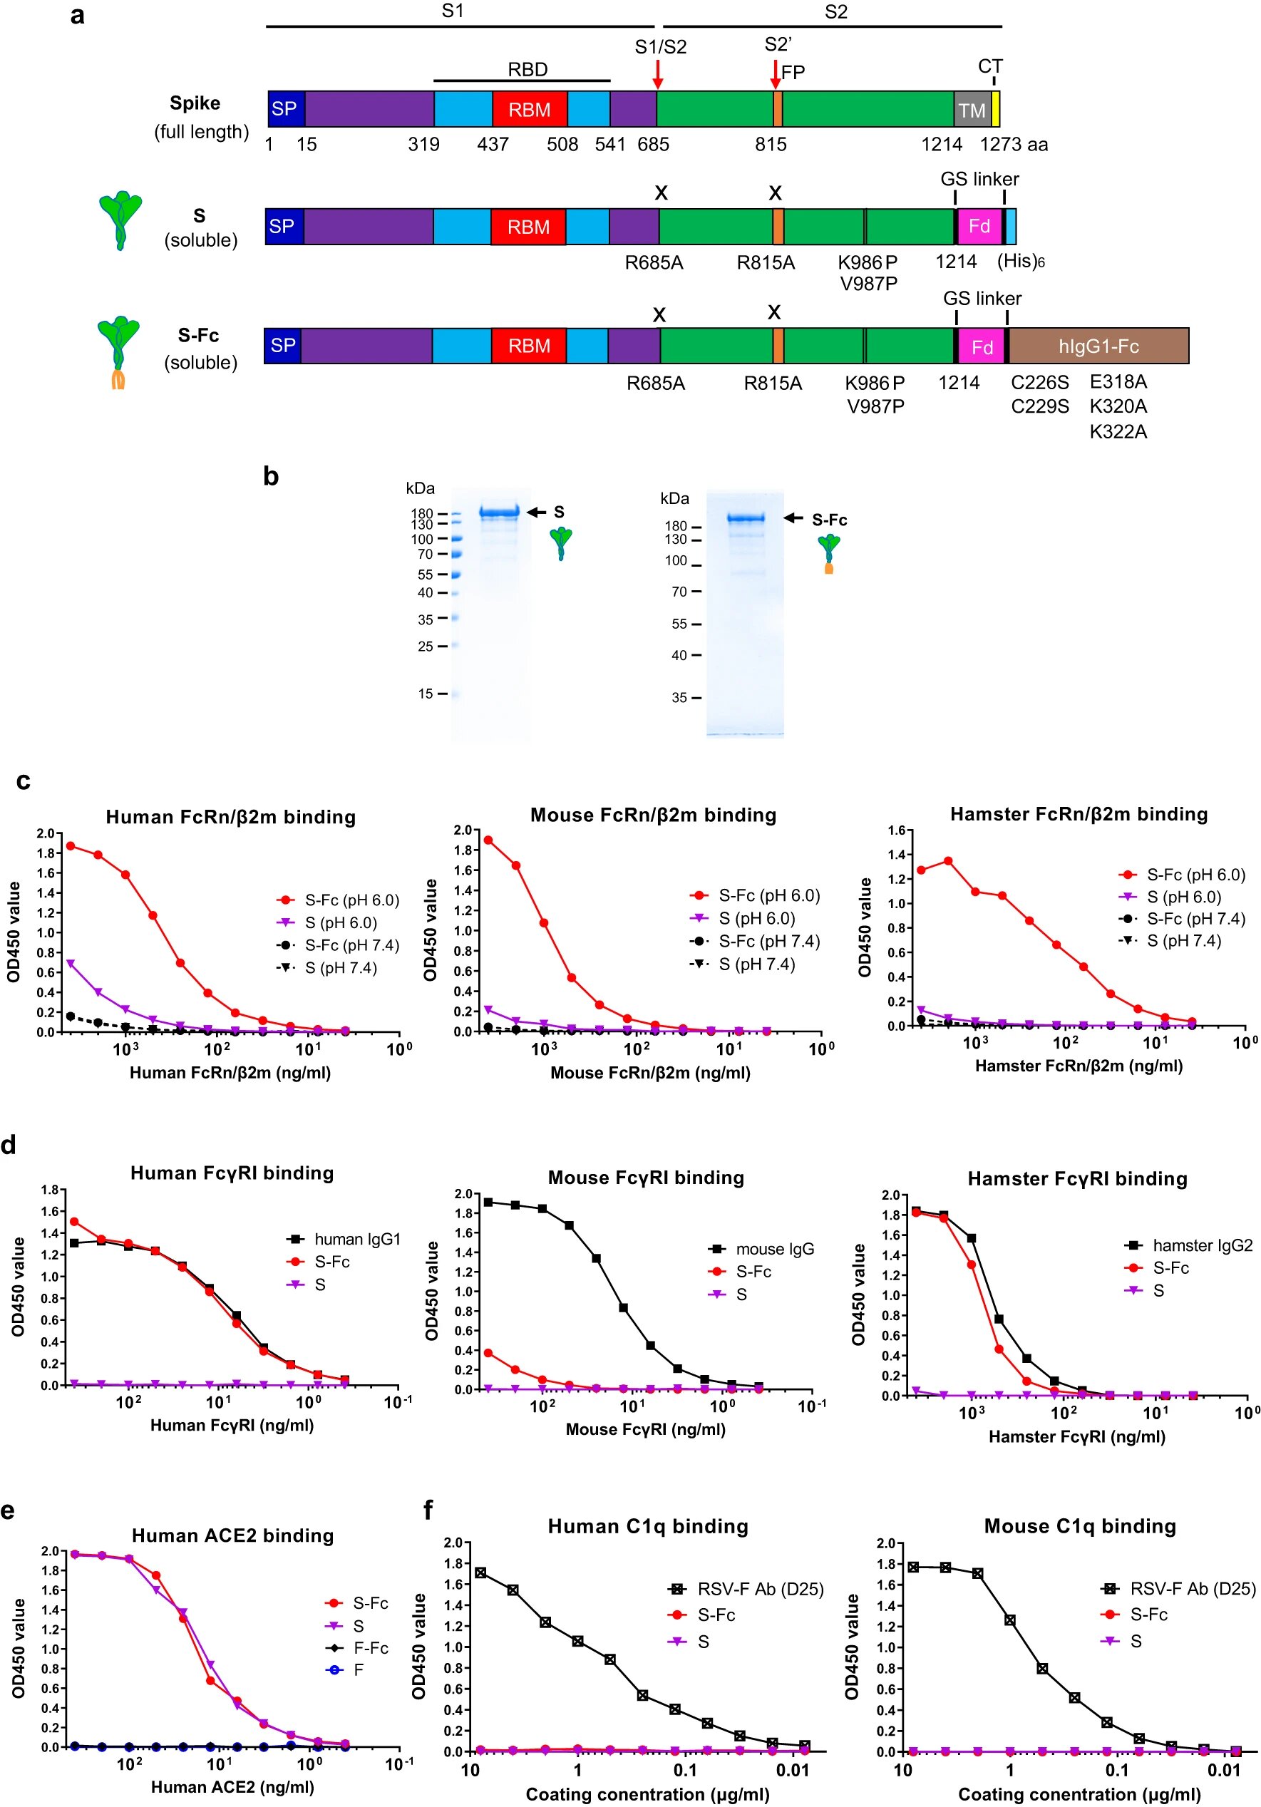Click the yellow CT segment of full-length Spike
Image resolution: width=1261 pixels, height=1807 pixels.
point(996,109)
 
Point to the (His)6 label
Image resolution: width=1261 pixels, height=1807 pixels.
point(1021,262)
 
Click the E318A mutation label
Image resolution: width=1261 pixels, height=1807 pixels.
point(1118,381)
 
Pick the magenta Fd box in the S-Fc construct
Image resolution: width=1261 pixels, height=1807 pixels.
point(982,347)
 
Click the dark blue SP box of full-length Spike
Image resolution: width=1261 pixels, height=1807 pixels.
point(285,108)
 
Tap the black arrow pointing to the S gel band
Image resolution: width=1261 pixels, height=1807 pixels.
point(536,513)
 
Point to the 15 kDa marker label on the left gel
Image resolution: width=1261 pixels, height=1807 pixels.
point(426,694)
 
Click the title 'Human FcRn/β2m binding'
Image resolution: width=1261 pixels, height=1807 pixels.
point(231,817)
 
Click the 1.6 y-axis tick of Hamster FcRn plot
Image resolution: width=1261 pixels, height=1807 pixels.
point(896,830)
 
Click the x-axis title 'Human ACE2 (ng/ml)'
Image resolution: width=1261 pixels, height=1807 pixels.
point(232,1787)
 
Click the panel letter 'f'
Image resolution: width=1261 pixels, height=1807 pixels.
point(428,1510)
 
